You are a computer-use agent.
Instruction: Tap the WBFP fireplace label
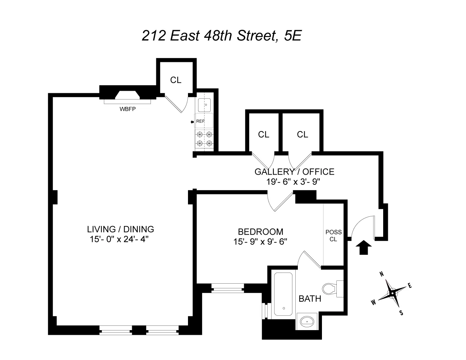pos(127,109)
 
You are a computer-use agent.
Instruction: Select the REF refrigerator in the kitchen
pos(205,121)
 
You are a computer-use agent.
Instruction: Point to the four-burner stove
pos(205,139)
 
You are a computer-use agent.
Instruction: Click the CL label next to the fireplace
pos(176,80)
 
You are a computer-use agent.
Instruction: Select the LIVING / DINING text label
pos(121,229)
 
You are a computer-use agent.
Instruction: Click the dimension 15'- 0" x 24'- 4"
pos(121,239)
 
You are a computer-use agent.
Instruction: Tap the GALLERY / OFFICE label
pos(294,172)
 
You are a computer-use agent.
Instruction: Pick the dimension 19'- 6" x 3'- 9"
pos(294,182)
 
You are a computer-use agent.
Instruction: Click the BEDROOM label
pos(260,231)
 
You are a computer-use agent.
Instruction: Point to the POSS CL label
pos(333,235)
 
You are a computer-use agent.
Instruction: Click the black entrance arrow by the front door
pos(363,248)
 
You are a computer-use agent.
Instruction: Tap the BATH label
pos(310,298)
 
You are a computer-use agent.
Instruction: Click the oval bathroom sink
pos(306,320)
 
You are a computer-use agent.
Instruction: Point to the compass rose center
pos(391,294)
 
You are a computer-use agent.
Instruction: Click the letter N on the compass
pos(382,274)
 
